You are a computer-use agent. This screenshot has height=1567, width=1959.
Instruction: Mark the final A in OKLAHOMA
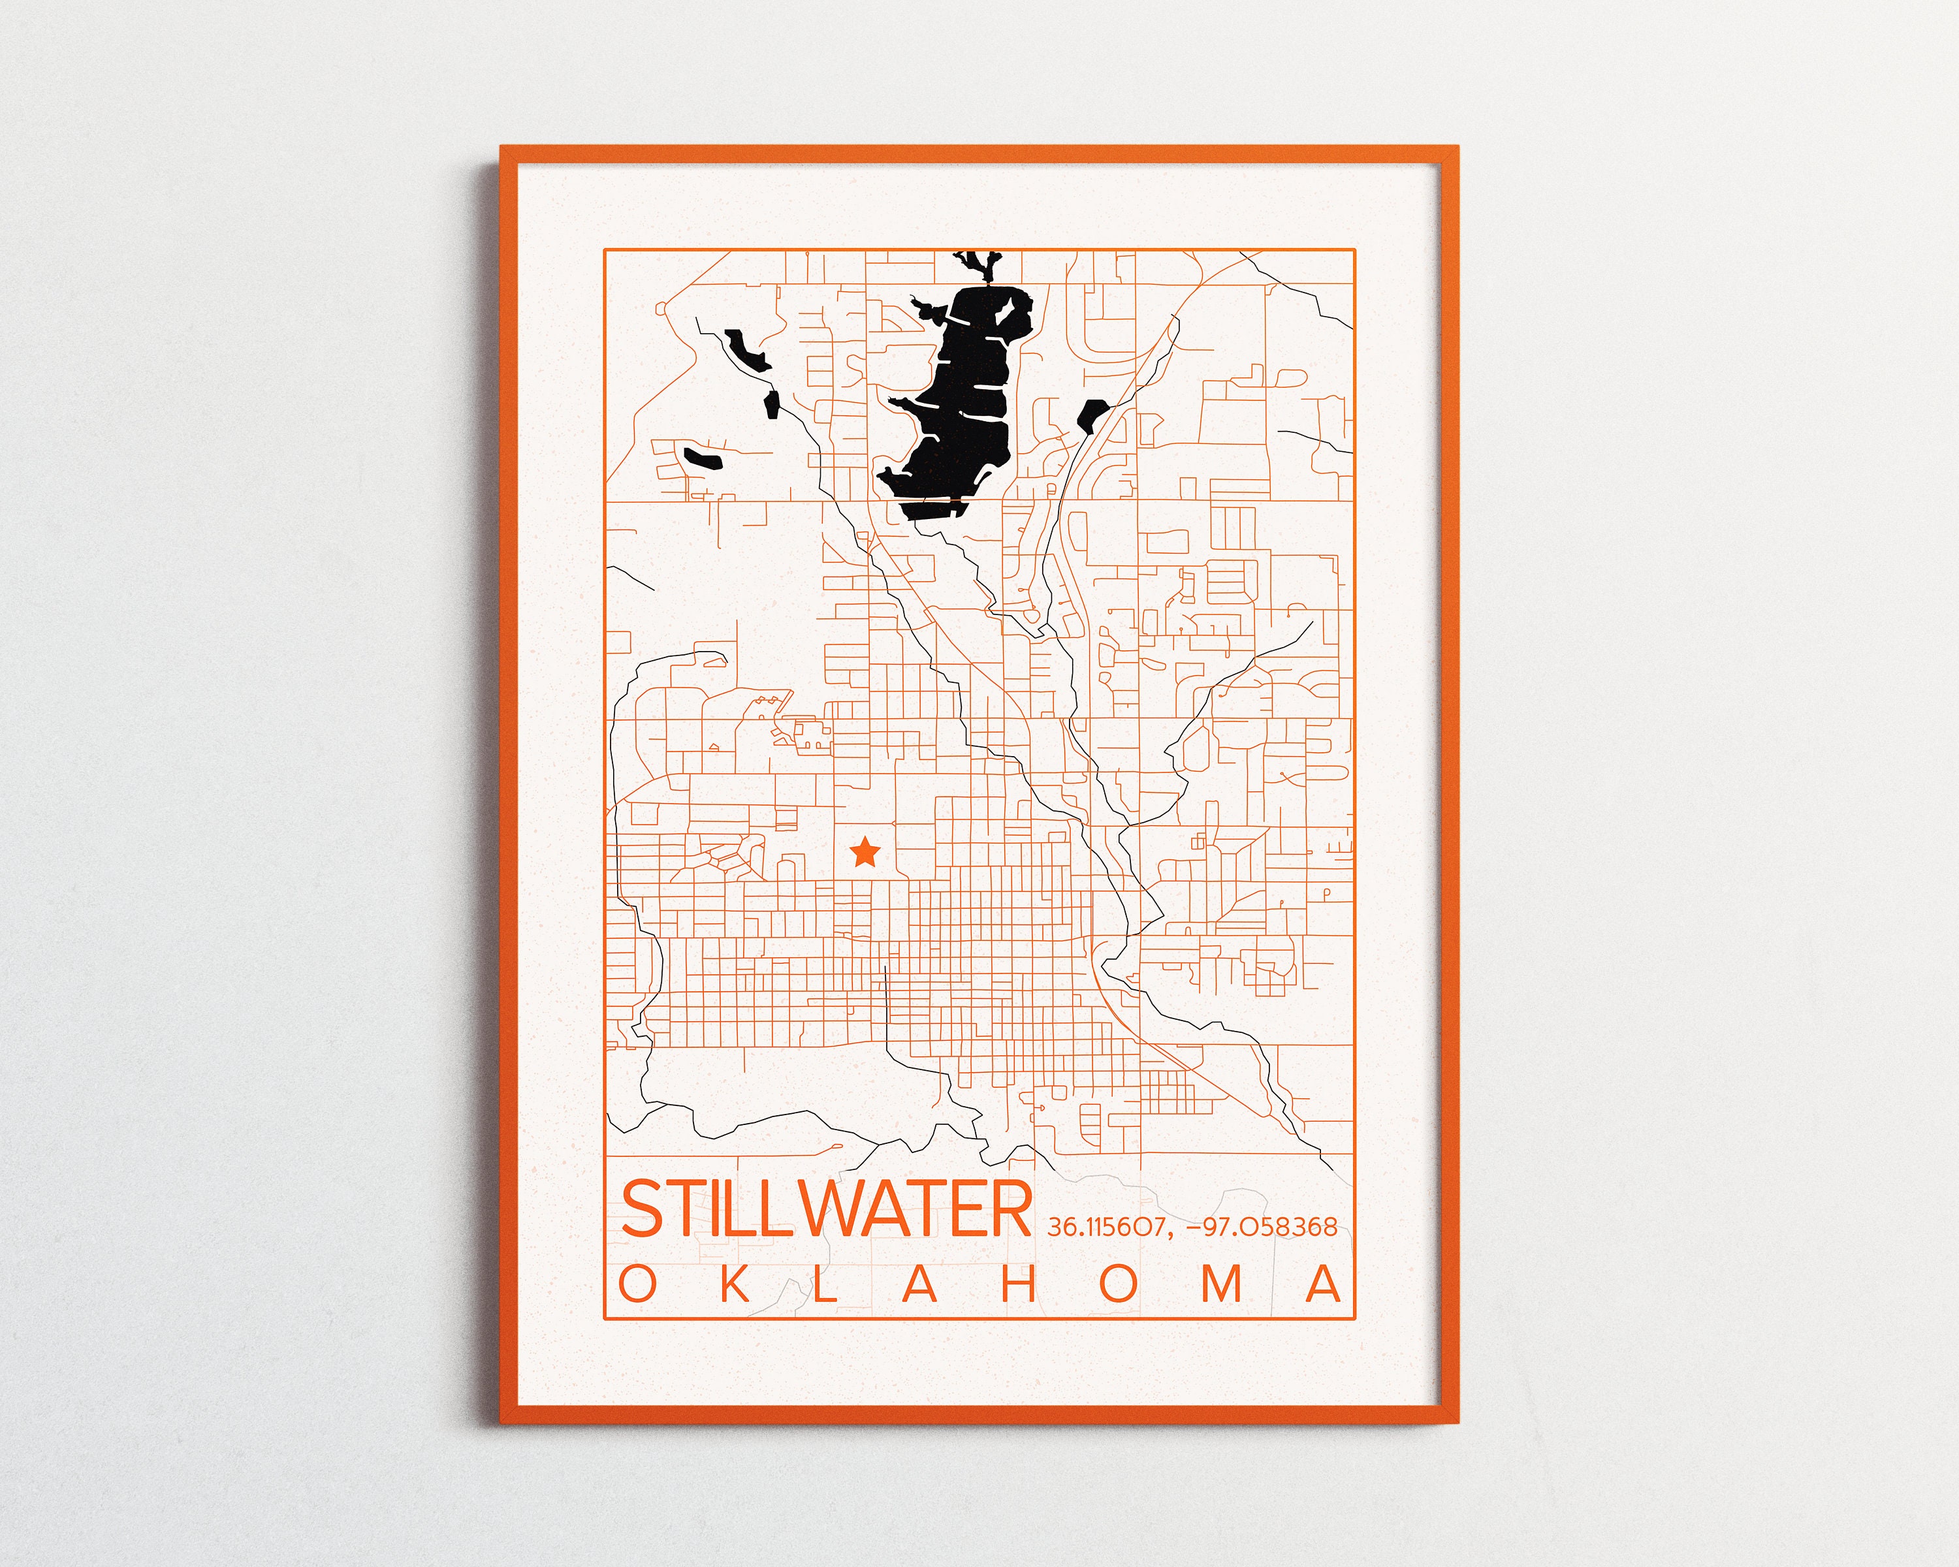[1323, 1284]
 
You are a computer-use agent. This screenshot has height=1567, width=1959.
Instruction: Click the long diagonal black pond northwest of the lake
[747, 351]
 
